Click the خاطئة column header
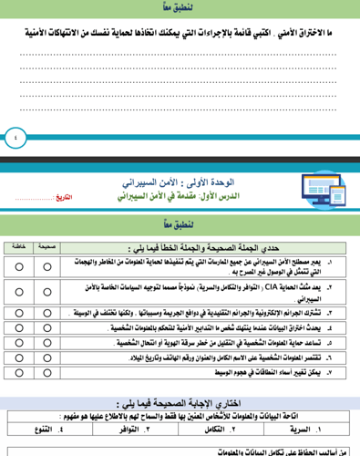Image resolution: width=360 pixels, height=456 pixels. (x=20, y=246)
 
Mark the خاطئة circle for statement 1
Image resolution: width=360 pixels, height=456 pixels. (x=19, y=266)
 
